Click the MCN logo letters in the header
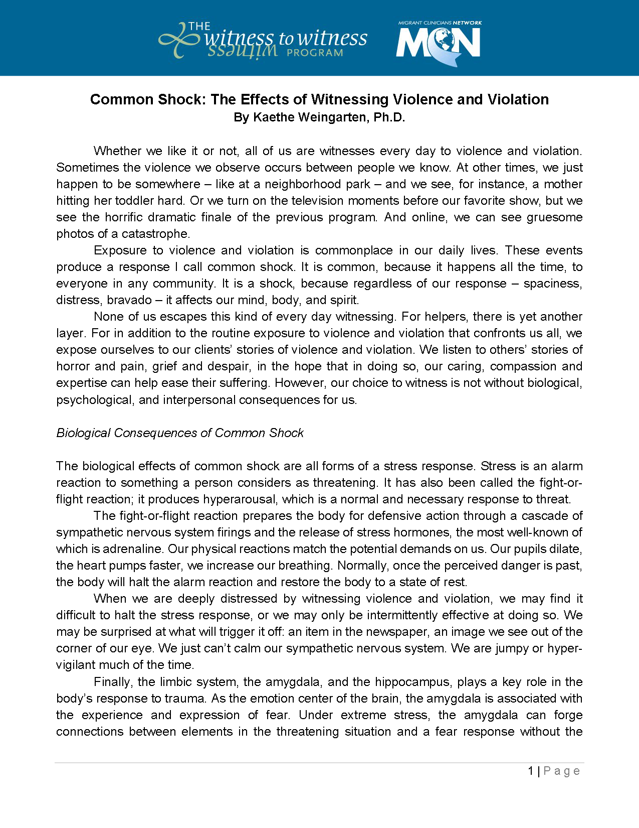[439, 43]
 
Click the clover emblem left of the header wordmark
[178, 40]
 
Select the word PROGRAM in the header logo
[315, 53]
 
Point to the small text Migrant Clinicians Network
[440, 23]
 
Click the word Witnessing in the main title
[350, 99]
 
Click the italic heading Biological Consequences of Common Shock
[180, 433]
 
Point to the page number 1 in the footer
[530, 771]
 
